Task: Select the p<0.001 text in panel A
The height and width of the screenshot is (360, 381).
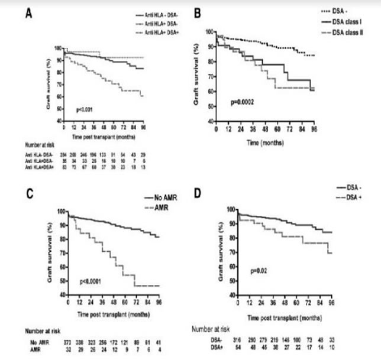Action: pyautogui.click(x=86, y=111)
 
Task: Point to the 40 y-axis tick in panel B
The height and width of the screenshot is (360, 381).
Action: pyautogui.click(x=209, y=121)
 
